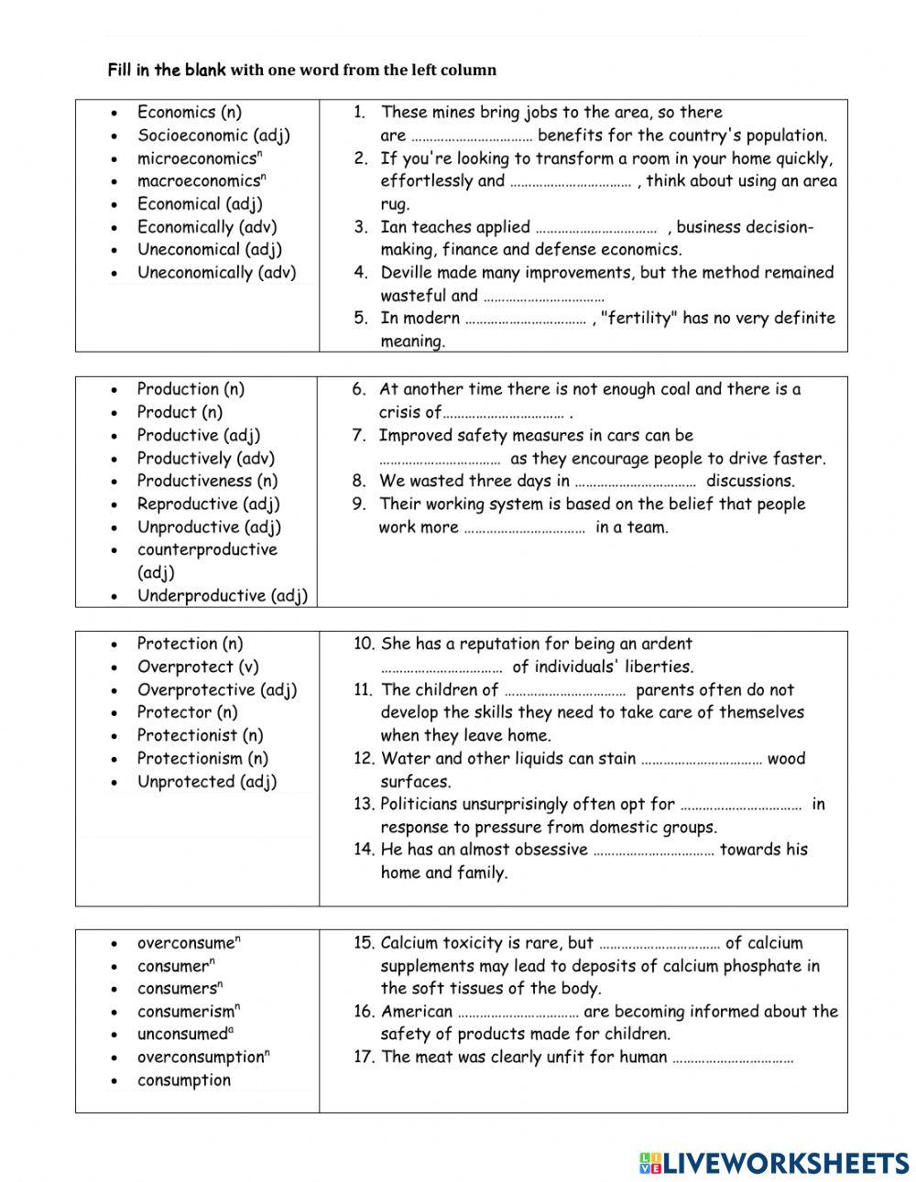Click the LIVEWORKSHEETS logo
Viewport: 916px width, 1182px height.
[x=774, y=1162]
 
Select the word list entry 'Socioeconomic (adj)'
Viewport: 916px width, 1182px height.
[x=213, y=136]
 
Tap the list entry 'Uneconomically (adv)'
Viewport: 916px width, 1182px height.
[x=216, y=273]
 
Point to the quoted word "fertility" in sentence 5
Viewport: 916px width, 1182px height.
[x=638, y=319]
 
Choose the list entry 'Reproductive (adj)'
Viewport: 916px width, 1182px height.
[x=208, y=504]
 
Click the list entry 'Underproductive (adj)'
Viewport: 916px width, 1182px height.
[x=222, y=596]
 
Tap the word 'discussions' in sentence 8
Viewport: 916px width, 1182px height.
[x=749, y=481]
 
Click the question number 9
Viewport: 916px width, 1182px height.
[x=358, y=504]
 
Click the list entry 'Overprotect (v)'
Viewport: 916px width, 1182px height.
[x=198, y=667]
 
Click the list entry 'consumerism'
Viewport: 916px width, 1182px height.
[x=186, y=1012]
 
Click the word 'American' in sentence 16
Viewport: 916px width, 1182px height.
[x=416, y=1012]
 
